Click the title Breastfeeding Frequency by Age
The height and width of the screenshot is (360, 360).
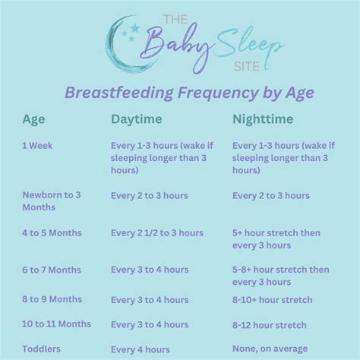pyautogui.click(x=179, y=93)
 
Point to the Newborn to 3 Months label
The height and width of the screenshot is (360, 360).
pyautogui.click(x=51, y=201)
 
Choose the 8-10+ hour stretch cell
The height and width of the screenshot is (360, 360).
pyautogui.click(x=272, y=300)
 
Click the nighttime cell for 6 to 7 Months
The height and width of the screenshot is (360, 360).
pyautogui.click(x=280, y=276)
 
